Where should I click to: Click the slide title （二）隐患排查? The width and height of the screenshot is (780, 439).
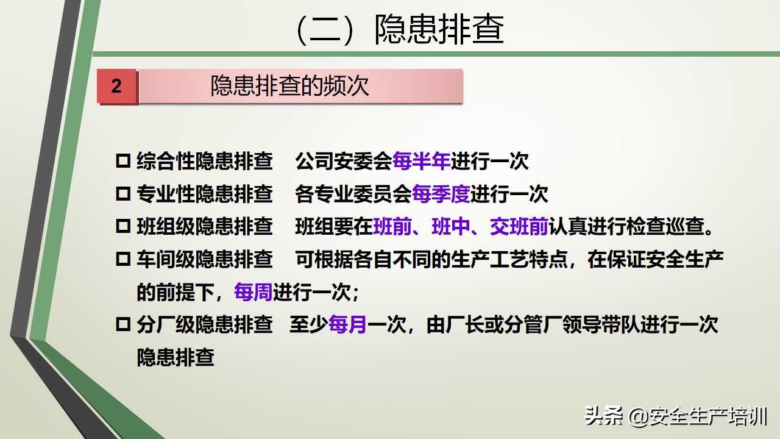(399, 29)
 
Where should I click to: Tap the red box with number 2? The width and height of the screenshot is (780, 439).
(116, 86)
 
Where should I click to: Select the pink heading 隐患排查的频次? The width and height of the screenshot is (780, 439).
(290, 86)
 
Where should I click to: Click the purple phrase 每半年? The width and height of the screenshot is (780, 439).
(422, 162)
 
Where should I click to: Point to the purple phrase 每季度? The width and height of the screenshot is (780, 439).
(441, 195)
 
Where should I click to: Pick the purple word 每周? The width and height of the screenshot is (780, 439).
(253, 293)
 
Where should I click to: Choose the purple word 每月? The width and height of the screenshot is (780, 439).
(347, 325)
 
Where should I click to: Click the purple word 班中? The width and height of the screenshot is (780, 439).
(451, 227)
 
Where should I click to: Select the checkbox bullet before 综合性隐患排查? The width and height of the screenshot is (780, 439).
(123, 162)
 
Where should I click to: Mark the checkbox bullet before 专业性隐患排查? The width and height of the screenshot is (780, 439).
(123, 195)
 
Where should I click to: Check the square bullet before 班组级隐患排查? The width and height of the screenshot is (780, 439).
(123, 227)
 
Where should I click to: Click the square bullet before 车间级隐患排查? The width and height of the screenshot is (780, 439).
(123, 260)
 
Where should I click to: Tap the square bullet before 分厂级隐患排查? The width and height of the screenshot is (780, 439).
(123, 325)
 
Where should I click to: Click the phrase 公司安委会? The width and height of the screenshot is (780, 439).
(344, 162)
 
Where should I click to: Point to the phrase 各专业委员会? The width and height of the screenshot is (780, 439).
(353, 195)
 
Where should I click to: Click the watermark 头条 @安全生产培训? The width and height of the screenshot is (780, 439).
(676, 416)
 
